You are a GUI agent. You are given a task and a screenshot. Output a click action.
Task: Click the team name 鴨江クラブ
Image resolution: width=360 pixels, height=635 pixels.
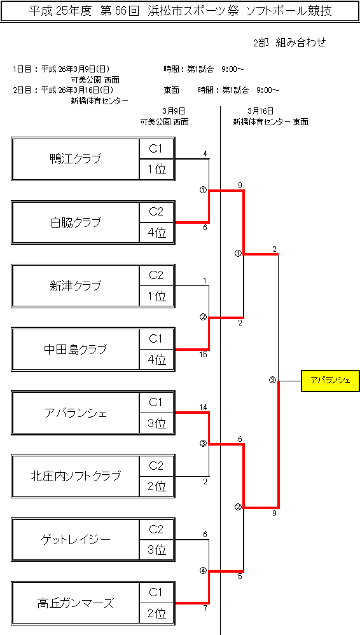click(x=75, y=159)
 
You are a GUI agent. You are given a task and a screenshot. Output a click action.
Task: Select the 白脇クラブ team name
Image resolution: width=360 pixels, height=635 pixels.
click(x=75, y=222)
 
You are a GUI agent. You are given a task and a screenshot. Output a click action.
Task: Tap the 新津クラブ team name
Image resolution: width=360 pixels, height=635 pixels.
click(x=75, y=286)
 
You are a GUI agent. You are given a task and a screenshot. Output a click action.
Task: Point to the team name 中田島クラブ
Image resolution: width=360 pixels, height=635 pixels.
click(x=75, y=349)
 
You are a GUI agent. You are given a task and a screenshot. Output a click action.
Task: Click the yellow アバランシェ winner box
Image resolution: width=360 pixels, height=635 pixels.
click(x=330, y=381)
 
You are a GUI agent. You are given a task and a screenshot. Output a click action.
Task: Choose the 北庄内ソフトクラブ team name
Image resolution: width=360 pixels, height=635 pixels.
click(x=75, y=476)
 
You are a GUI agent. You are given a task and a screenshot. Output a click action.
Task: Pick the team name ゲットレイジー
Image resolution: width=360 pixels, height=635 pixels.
click(x=75, y=540)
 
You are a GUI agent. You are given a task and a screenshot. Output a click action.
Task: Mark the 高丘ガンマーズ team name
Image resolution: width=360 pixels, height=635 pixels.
click(x=75, y=603)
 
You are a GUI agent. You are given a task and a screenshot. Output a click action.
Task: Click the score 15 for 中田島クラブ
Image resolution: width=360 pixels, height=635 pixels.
click(x=204, y=355)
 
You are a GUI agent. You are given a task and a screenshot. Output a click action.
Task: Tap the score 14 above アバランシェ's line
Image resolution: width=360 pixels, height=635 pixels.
click(x=204, y=407)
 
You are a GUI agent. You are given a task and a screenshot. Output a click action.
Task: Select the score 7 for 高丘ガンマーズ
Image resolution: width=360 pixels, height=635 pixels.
click(x=205, y=609)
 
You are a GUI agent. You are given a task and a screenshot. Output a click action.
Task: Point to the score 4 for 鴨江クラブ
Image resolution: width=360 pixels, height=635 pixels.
click(x=205, y=153)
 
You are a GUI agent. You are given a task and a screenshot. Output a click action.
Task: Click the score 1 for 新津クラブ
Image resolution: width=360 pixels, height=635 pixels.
click(x=205, y=281)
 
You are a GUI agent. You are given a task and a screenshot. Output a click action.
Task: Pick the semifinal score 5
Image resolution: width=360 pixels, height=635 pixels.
click(x=240, y=577)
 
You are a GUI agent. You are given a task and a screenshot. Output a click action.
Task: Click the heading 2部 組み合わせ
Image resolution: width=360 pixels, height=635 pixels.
click(x=289, y=43)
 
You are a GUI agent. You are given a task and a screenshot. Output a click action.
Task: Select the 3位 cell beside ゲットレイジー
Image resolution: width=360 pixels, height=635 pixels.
click(x=156, y=550)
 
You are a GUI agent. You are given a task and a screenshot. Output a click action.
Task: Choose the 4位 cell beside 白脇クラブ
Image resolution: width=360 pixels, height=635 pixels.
click(x=156, y=233)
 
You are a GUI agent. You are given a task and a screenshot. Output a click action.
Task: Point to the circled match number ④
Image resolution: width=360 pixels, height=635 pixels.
click(x=203, y=571)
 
